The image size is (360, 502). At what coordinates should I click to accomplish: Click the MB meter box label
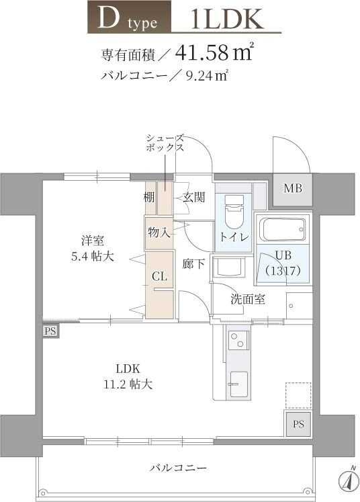pyautogui.click(x=292, y=188)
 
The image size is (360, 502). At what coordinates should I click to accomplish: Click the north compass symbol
pyautogui.click(x=347, y=480)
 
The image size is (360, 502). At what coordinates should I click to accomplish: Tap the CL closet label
pyautogui.click(x=159, y=276)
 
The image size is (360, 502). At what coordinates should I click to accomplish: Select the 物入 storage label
pyautogui.click(x=159, y=233)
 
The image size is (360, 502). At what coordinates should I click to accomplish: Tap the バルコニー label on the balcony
pyautogui.click(x=178, y=467)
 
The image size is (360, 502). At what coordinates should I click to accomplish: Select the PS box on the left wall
pyautogui.click(x=50, y=331)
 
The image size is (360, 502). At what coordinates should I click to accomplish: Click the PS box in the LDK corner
pyautogui.click(x=298, y=424)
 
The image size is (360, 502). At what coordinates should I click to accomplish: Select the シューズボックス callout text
pyautogui.click(x=165, y=142)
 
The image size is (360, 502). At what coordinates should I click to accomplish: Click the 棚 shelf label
pyautogui.click(x=149, y=198)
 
